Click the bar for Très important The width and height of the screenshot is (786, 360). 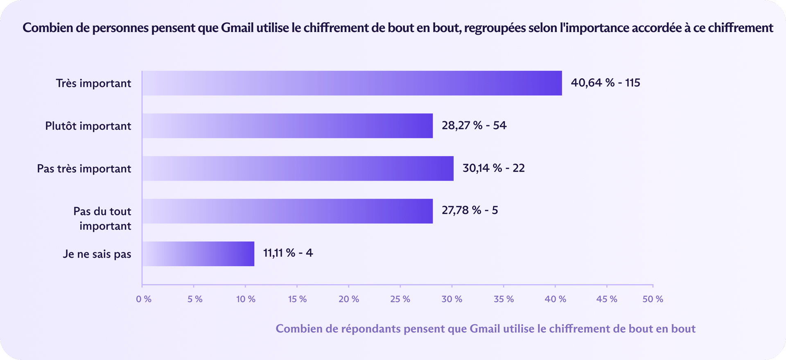click(352, 83)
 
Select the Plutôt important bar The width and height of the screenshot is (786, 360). click(287, 126)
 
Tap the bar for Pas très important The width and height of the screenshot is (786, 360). click(298, 168)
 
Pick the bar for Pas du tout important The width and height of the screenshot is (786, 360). click(287, 211)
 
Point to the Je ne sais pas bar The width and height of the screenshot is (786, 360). click(198, 254)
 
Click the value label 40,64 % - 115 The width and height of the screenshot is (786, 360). click(605, 83)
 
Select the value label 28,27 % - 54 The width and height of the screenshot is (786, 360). click(474, 125)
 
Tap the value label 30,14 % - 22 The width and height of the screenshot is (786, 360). click(493, 168)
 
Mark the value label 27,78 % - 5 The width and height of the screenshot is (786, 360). click(470, 211)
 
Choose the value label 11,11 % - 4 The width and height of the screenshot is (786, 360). click(288, 253)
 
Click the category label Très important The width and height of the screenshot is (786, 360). click(93, 84)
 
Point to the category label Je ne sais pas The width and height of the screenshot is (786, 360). click(97, 254)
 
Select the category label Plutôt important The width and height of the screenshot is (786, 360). click(88, 126)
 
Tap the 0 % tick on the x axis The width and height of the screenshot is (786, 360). click(144, 299)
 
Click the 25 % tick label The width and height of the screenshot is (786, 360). click(400, 299)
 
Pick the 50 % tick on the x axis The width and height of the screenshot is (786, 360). click(653, 299)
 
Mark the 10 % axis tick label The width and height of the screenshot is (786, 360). click(246, 299)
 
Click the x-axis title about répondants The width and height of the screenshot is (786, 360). click(486, 329)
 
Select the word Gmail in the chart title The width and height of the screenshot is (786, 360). click(237, 28)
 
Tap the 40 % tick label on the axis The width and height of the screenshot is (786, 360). click(555, 299)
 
